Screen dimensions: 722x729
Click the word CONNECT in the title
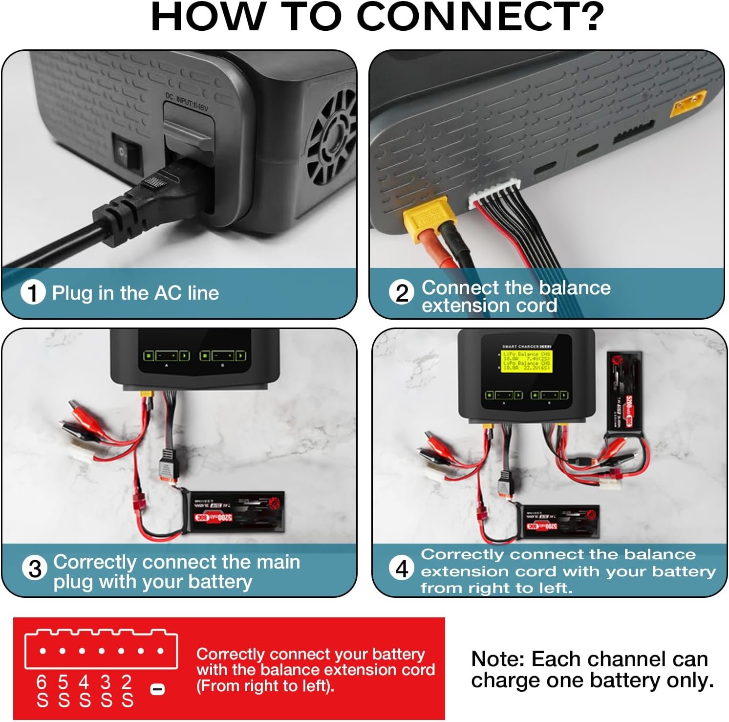[x=481, y=17]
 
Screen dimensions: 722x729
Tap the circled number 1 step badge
[x=33, y=292]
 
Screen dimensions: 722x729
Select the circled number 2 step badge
[x=401, y=293]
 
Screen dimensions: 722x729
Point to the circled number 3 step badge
[x=35, y=569]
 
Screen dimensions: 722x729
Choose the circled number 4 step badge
[x=402, y=569]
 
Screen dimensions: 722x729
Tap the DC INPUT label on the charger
[x=186, y=101]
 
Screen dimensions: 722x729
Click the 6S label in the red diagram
[x=43, y=691]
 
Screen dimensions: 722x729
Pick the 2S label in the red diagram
[x=128, y=691]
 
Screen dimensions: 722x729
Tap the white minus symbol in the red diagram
[x=157, y=689]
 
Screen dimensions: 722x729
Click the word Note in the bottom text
[x=497, y=659]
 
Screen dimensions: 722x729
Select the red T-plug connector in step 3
[x=138, y=503]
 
